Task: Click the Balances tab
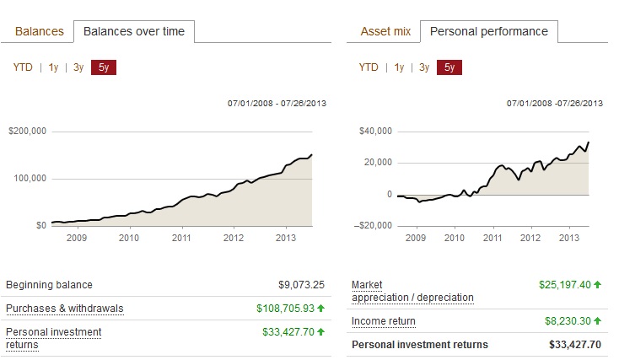(x=40, y=31)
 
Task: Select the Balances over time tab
(x=134, y=31)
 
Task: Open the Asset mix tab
(x=385, y=31)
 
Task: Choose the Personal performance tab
(x=489, y=31)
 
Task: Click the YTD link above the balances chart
(x=23, y=67)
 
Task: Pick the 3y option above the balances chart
(x=78, y=67)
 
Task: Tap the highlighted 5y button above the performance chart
(x=449, y=67)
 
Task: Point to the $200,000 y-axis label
(x=27, y=132)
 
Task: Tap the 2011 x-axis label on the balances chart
(x=180, y=238)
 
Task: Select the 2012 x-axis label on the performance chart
(x=530, y=238)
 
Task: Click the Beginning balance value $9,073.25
(x=301, y=285)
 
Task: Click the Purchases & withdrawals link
(x=64, y=309)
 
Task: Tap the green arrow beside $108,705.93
(x=321, y=309)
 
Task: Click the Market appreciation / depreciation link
(x=412, y=292)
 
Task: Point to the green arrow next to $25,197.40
(x=598, y=285)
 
